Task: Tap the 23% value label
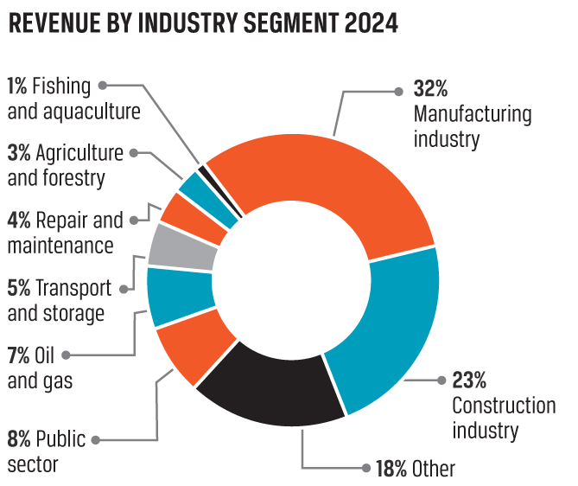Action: pos(470,380)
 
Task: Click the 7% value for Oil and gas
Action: pos(18,355)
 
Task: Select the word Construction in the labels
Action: pos(504,405)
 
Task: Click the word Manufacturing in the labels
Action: pos(473,113)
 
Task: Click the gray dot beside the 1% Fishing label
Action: pos(102,85)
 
